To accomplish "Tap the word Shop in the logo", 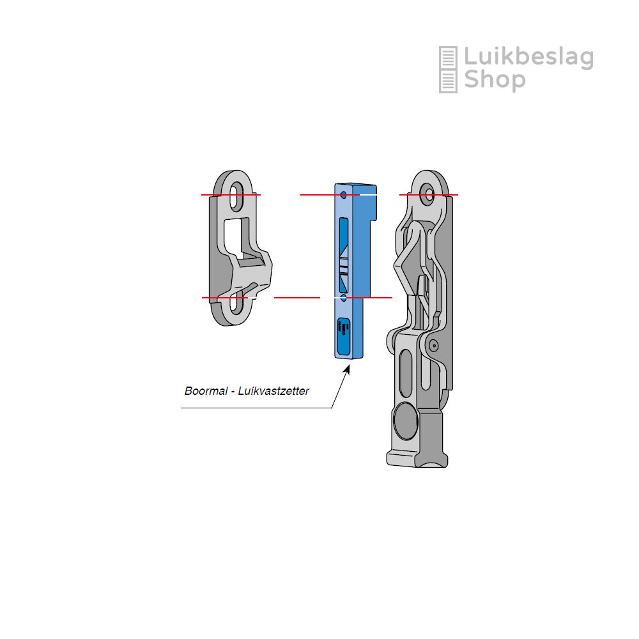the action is [x=495, y=80].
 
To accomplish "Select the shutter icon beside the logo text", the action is [x=448, y=69].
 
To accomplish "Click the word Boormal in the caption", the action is [x=206, y=391].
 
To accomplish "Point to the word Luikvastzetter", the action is [x=273, y=391].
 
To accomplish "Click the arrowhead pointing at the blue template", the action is [x=347, y=369].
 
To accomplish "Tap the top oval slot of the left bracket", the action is [x=236, y=195].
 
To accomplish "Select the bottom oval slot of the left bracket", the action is [x=236, y=304].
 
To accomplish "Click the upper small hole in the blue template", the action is [x=344, y=195].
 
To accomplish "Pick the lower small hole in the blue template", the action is [x=344, y=298].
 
